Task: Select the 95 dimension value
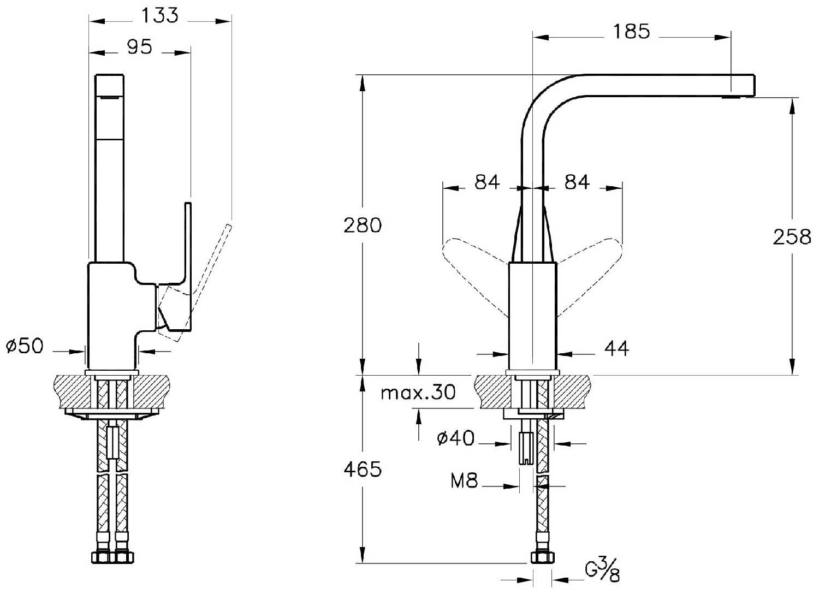point(139,47)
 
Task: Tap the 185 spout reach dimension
point(631,32)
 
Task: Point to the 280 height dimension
point(363,225)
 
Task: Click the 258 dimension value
point(792,236)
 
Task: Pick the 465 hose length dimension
point(363,468)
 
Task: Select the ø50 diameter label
point(24,346)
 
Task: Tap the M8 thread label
point(465,481)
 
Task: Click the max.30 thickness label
point(418,392)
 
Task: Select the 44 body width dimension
point(616,348)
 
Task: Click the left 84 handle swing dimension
point(487,182)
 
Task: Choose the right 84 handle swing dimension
point(577,182)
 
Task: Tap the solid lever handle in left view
point(188,262)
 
